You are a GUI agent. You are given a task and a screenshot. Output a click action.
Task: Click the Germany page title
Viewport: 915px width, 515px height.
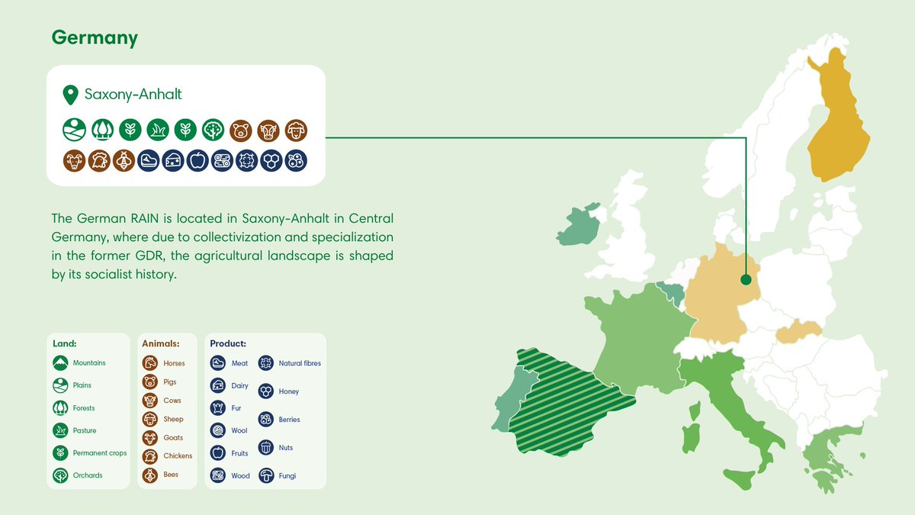pyautogui.click(x=95, y=38)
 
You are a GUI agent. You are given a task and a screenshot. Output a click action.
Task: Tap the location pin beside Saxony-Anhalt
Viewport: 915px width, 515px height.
pyautogui.click(x=71, y=95)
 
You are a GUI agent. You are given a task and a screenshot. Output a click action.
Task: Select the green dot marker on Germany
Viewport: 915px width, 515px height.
pyautogui.click(x=746, y=280)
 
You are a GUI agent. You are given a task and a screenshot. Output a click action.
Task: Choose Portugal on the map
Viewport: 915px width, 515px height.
pyautogui.click(x=506, y=404)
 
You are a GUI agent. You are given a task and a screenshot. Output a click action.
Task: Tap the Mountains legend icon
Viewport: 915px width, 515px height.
pyautogui.click(x=60, y=363)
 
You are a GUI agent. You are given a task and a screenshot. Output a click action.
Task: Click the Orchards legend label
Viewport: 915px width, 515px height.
pyautogui.click(x=88, y=475)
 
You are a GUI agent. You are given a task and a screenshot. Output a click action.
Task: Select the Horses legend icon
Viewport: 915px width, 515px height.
pyautogui.click(x=150, y=364)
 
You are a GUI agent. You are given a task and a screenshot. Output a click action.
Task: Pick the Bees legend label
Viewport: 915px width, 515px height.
pyautogui.click(x=171, y=475)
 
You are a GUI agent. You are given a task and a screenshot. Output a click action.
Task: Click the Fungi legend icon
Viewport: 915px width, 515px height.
pyautogui.click(x=266, y=475)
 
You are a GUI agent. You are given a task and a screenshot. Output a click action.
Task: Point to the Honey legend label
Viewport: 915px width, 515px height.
pyautogui.click(x=289, y=391)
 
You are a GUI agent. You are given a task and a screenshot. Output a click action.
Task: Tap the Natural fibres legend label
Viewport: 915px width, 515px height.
pyautogui.click(x=300, y=364)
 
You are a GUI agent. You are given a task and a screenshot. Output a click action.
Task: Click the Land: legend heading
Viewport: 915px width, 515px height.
pyautogui.click(x=65, y=343)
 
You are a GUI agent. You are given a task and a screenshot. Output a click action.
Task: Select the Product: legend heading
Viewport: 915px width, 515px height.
pyautogui.click(x=228, y=343)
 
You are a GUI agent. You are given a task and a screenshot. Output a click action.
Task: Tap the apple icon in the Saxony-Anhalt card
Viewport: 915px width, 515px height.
pyautogui.click(x=197, y=160)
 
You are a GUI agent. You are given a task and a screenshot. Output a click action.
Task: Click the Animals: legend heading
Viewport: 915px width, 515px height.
pyautogui.click(x=161, y=343)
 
